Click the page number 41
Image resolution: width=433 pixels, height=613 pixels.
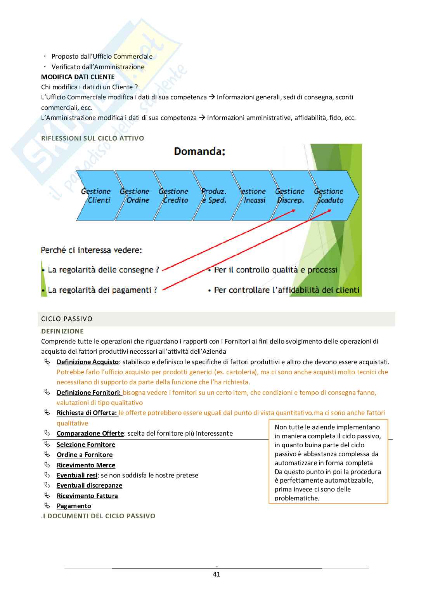tap(216, 574)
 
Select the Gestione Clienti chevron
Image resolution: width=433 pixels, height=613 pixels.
tap(96, 196)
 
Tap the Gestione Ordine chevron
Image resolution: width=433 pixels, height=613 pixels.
tap(135, 196)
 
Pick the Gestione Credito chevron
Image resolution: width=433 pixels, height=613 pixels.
tap(173, 196)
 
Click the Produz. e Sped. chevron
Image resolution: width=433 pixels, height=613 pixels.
tap(213, 196)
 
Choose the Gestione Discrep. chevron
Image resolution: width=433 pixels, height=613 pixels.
tap(290, 196)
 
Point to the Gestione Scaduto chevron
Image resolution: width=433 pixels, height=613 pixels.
tap(330, 196)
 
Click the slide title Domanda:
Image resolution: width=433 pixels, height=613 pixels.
tap(199, 151)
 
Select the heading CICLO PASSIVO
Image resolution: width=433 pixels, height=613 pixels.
tap(67, 319)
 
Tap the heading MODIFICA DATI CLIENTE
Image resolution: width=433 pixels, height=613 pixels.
tap(78, 77)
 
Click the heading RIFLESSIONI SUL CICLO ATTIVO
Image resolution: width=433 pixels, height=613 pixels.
tap(92, 138)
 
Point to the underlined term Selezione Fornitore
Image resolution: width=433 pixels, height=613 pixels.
tap(86, 445)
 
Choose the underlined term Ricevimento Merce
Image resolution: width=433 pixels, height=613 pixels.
tap(86, 465)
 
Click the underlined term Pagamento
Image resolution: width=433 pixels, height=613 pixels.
tap(74, 506)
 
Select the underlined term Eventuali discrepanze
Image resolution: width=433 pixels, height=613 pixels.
tap(89, 485)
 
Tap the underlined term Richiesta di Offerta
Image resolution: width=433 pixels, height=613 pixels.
tap(87, 413)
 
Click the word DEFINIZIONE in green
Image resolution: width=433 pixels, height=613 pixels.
tap(62, 331)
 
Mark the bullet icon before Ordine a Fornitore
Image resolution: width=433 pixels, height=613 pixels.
tap(47, 455)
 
